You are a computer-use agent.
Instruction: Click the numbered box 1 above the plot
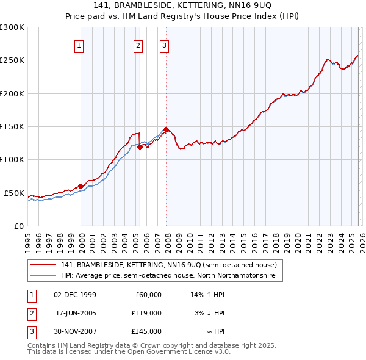[x=80, y=45]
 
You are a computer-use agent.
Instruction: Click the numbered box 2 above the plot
[x=139, y=45]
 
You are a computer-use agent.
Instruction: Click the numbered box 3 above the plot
[x=165, y=45]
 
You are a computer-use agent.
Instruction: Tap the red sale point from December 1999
[x=81, y=186]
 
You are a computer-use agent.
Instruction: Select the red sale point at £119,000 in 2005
[x=140, y=147]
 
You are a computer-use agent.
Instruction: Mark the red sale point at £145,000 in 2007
[x=166, y=129]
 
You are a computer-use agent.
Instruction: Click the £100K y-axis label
[x=12, y=159]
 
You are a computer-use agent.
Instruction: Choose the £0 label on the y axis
[x=18, y=226]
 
